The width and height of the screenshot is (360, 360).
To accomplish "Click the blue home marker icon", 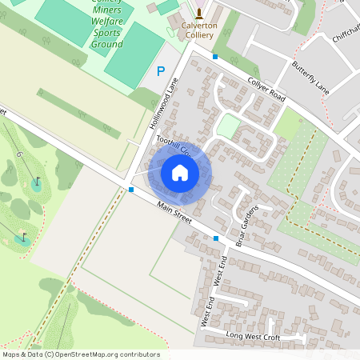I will coord(180,172).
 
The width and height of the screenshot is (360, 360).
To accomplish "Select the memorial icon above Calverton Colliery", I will coord(199,13).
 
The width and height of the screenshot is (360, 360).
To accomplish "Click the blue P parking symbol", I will coord(161,70).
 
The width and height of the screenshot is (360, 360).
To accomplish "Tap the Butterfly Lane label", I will coord(310,76).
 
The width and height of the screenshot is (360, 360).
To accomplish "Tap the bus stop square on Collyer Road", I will coord(215,56).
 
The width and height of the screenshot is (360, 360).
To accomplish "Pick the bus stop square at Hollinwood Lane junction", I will coord(131,190).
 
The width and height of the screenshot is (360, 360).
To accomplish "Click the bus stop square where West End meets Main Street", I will coord(215,238).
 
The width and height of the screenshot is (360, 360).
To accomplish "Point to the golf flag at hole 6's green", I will coord(37,182).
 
